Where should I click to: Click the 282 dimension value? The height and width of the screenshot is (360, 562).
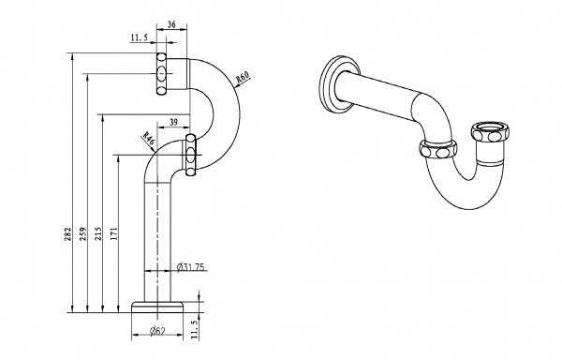tap(67, 233)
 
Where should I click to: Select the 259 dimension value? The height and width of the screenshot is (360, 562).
tap(83, 233)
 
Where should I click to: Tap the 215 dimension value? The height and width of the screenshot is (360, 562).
tap(98, 233)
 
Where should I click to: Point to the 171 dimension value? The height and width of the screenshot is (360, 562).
tap(114, 233)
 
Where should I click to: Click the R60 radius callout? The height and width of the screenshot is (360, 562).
tap(243, 77)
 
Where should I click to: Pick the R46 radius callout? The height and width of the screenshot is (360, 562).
tap(148, 138)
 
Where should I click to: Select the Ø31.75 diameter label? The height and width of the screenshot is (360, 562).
tap(191, 267)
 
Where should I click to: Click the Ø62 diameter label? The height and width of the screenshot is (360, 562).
tap(157, 331)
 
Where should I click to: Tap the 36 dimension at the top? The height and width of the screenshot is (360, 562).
tap(171, 24)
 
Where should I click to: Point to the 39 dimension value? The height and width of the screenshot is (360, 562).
tap(173, 122)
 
